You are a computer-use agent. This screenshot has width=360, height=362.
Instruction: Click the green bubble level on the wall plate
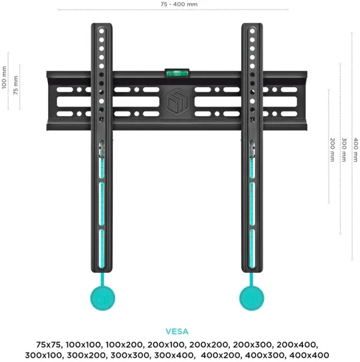pos(177,73)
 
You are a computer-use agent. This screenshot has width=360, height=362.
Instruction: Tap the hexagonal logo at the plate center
pos(177,102)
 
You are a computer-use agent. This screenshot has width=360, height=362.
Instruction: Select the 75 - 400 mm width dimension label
pos(179,4)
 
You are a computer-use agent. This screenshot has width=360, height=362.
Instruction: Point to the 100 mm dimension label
pos(4,77)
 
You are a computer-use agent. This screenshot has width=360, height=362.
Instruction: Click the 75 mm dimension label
pos(16,85)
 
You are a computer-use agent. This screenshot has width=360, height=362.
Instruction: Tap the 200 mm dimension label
pos(332,150)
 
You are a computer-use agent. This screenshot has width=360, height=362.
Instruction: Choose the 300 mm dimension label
pos(344,150)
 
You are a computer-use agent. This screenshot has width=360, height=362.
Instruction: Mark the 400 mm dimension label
pos(355,150)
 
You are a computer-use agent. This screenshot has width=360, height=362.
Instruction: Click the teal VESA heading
pos(177,331)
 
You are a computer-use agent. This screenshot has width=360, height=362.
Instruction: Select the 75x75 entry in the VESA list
pos(49,345)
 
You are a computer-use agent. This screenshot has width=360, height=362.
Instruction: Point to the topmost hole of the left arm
pos(101,31)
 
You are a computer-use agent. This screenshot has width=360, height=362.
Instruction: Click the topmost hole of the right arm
pos(253,31)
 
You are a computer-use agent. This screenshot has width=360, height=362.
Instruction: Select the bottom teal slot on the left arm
pos(101,249)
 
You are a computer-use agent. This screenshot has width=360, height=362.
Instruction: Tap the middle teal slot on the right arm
pos(252,204)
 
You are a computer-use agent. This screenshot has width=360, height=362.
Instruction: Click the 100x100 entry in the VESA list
pos(83,345)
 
